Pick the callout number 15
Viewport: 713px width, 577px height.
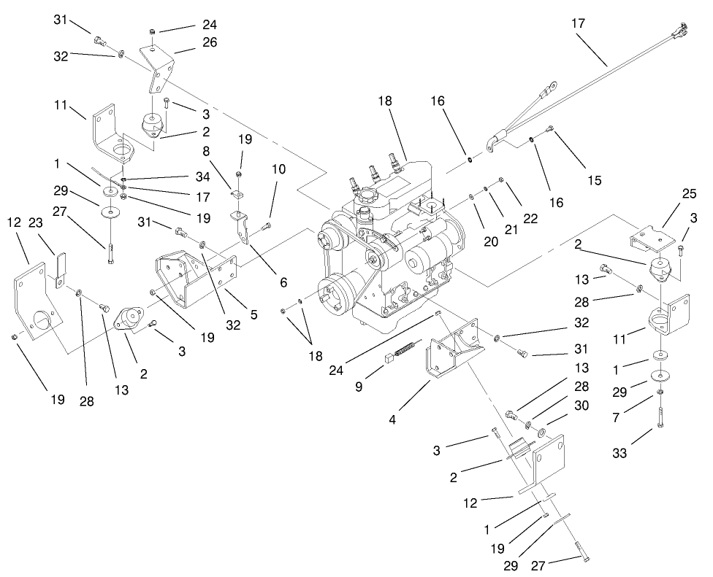pyautogui.click(x=595, y=180)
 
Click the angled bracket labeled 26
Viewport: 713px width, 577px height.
pyautogui.click(x=162, y=70)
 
